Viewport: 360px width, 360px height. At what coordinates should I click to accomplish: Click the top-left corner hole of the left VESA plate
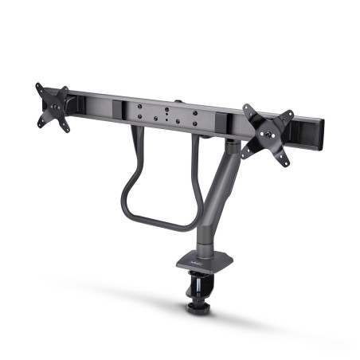click(x=40, y=88)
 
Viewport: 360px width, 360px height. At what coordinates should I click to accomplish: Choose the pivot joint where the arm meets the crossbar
click(x=230, y=144)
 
